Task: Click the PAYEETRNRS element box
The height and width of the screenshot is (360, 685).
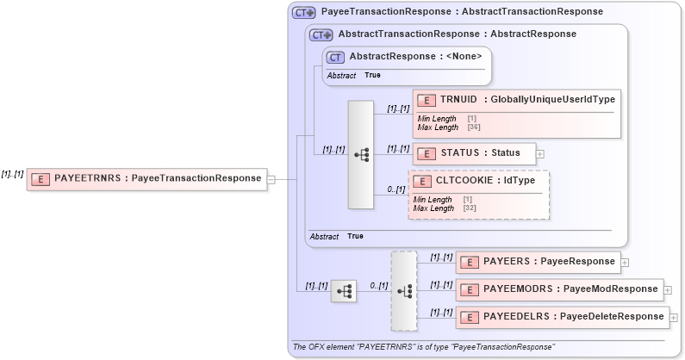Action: click(x=146, y=178)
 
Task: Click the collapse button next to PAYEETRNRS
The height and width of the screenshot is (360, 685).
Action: click(x=271, y=179)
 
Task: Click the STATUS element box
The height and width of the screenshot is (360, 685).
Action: click(x=474, y=153)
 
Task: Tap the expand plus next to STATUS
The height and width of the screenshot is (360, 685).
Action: click(x=540, y=154)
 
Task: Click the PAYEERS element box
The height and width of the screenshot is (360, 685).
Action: click(x=538, y=262)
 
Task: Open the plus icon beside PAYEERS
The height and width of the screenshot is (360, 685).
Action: click(x=625, y=263)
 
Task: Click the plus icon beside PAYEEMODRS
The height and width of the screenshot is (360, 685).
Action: click(x=667, y=290)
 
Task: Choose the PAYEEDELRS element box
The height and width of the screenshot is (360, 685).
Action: click(x=561, y=317)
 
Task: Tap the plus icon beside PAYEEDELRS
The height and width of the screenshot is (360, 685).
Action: click(x=673, y=318)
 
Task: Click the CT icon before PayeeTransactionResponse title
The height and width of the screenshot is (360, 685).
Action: click(x=303, y=12)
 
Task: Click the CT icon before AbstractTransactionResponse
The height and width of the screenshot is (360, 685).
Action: click(x=321, y=34)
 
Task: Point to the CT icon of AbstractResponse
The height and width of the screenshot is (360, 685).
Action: click(x=335, y=57)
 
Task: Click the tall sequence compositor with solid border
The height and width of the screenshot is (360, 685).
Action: click(x=361, y=154)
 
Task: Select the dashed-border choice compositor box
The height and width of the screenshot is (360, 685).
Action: click(x=403, y=291)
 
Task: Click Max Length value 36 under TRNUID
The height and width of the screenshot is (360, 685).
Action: click(x=474, y=127)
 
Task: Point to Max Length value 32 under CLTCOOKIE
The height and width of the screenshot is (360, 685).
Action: click(x=470, y=208)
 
